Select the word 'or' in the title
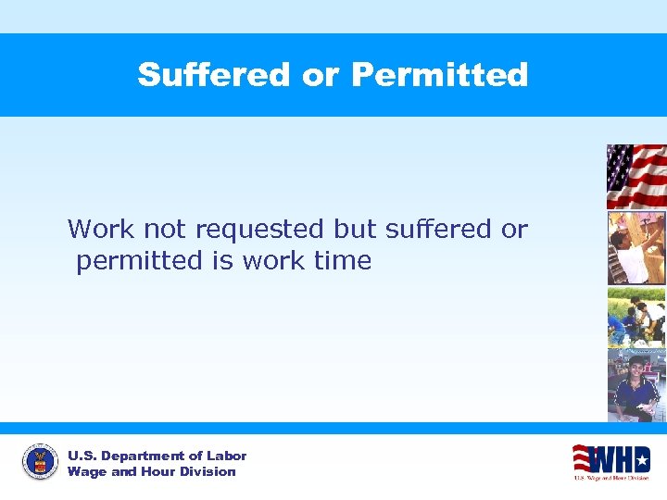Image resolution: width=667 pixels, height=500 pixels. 321,76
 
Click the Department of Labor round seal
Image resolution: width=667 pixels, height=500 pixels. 40,461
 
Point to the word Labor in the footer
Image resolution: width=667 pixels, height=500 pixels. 227,456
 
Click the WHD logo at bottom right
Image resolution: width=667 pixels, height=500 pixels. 610,461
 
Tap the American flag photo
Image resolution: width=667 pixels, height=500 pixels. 636,176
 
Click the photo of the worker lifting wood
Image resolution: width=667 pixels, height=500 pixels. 636,247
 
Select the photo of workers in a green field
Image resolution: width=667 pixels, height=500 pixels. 636,317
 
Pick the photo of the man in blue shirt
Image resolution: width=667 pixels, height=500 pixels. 636,385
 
